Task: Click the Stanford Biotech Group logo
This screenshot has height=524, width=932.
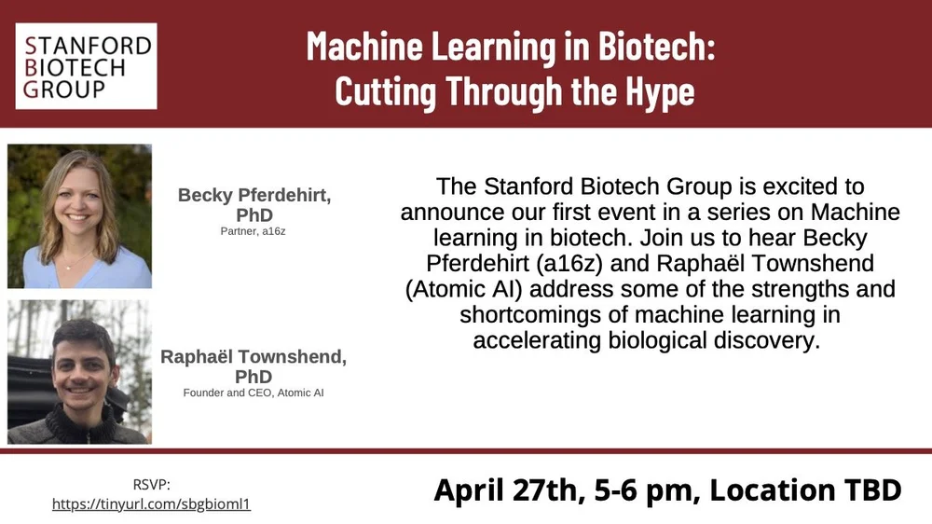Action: click(86, 65)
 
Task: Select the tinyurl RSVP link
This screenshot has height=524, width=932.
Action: click(151, 503)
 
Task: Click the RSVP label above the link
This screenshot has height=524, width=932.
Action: click(151, 483)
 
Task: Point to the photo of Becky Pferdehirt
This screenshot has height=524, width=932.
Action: click(79, 215)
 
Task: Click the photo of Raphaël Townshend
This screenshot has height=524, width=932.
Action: click(79, 371)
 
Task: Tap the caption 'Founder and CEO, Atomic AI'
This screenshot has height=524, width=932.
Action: click(254, 393)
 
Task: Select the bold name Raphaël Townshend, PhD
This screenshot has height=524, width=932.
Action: click(254, 366)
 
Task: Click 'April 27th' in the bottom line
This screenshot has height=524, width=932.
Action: click(500, 490)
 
